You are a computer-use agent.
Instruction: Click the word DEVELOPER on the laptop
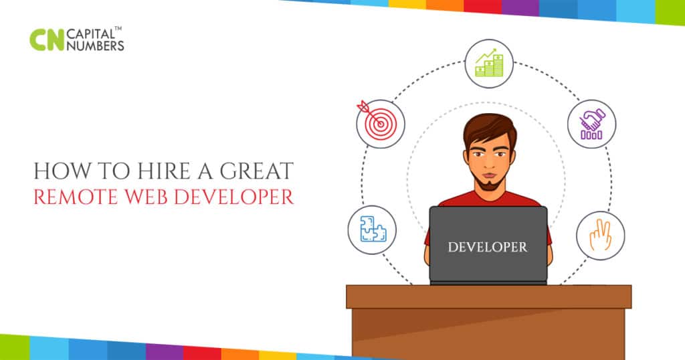(487, 246)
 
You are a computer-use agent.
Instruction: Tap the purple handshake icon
(592, 124)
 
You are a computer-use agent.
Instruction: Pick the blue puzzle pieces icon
(371, 229)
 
